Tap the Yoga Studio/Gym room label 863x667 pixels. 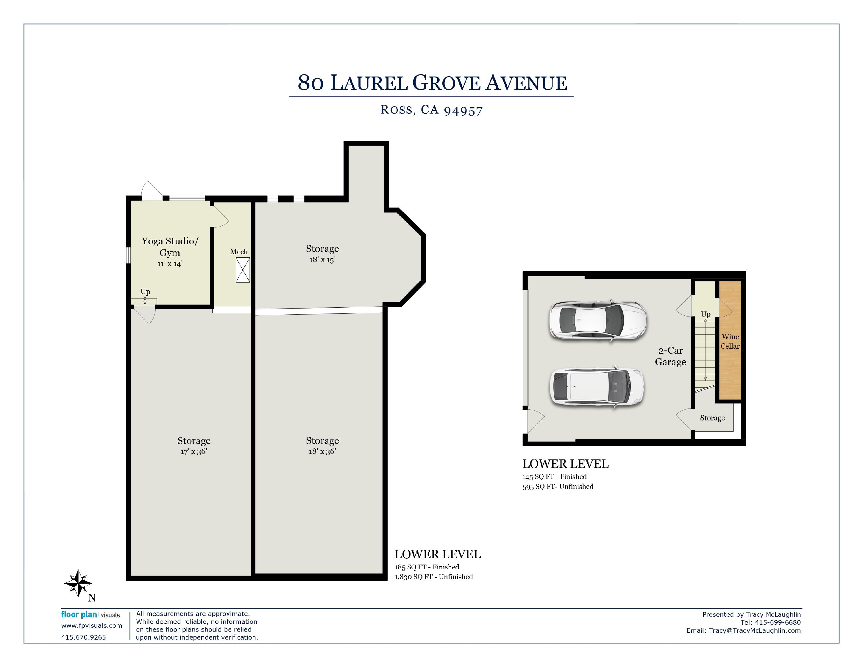(170, 247)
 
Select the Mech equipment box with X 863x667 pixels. (243, 270)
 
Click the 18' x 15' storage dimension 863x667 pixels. (322, 260)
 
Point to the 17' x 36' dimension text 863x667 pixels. (193, 451)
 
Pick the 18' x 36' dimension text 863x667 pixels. (322, 451)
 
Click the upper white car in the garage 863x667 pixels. (597, 320)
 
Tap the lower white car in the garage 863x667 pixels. (597, 387)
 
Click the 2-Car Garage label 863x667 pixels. (671, 356)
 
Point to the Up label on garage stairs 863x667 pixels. (706, 314)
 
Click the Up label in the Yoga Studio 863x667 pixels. (145, 292)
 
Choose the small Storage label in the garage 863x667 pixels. (712, 418)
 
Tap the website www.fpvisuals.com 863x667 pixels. (92, 626)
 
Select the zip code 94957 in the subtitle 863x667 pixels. (463, 111)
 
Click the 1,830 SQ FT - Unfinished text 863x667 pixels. (433, 577)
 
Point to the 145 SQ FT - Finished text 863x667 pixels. (554, 476)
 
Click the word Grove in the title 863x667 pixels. (447, 83)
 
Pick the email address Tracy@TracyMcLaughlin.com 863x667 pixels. (755, 631)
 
